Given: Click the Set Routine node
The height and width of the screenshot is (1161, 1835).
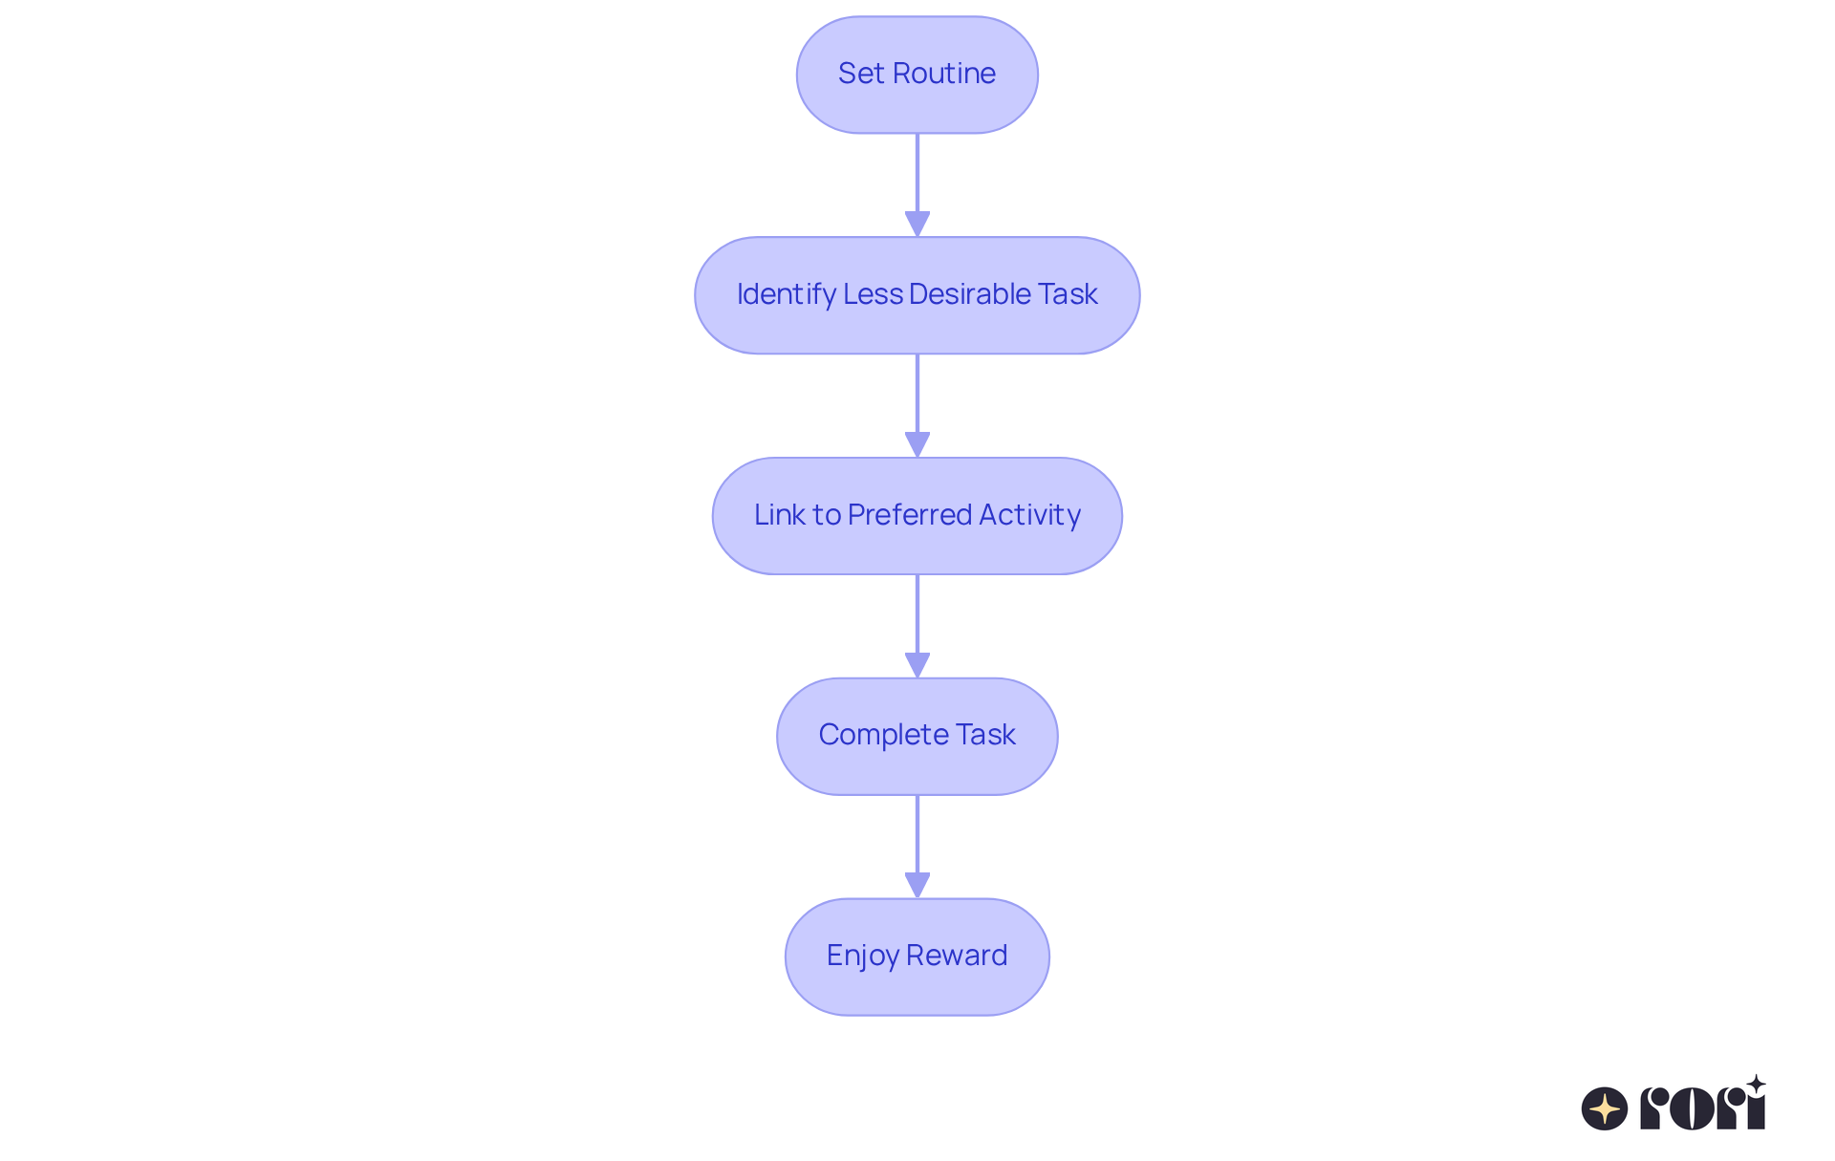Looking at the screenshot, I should pos(917,75).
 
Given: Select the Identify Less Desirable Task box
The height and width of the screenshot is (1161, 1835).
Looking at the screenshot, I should pos(917,295).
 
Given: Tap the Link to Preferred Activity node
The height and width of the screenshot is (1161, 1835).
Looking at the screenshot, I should pos(917,516).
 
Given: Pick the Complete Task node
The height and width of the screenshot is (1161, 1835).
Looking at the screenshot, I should pos(917,736).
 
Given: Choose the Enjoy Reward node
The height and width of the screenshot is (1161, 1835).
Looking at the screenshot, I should pos(917,957).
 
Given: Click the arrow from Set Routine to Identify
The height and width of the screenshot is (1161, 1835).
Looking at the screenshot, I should pos(917,184).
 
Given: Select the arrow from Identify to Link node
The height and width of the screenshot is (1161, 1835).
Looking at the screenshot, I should pos(917,405).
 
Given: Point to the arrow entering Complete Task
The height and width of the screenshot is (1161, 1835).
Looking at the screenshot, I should pos(917,626).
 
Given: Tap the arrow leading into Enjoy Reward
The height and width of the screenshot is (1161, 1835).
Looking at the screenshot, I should pos(917,846).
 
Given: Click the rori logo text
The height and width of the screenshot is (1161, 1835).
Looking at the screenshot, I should pos(1702,1107).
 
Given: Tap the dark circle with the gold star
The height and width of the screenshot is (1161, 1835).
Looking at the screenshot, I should pos(1605,1108).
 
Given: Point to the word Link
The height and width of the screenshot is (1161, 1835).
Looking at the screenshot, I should pos(779,515).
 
